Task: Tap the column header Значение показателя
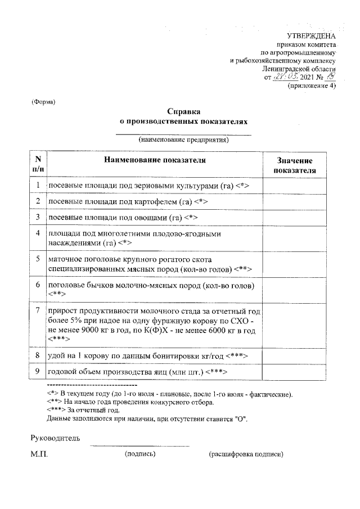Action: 294,165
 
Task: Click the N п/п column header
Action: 37,164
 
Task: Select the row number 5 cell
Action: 37,259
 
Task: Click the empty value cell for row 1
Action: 294,185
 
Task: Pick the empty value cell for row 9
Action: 294,372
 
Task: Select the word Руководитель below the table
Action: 55,437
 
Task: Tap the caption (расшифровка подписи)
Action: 246,454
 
